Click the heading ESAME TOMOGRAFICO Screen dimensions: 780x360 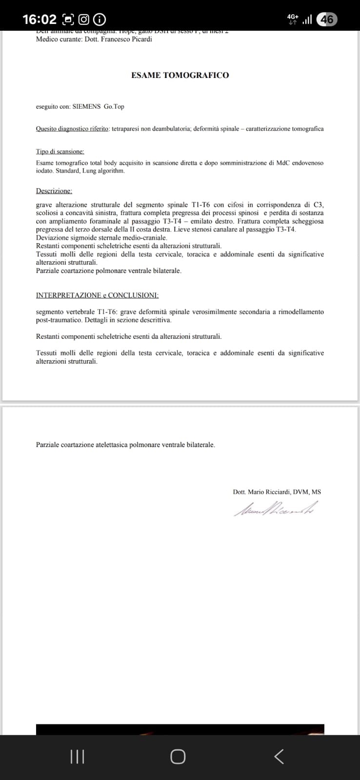(180, 75)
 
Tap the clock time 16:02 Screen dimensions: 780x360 (40, 19)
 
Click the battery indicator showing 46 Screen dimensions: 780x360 (327, 19)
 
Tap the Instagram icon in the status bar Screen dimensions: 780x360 (84, 19)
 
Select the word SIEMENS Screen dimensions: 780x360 (87, 106)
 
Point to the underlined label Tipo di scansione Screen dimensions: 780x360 (60, 152)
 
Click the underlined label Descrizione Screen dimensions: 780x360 (54, 191)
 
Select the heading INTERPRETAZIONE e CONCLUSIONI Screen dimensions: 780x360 (97, 295)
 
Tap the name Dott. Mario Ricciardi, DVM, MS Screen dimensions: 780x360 (277, 492)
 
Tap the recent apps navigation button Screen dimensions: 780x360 (77, 757)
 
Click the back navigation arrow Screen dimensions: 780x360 (279, 757)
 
